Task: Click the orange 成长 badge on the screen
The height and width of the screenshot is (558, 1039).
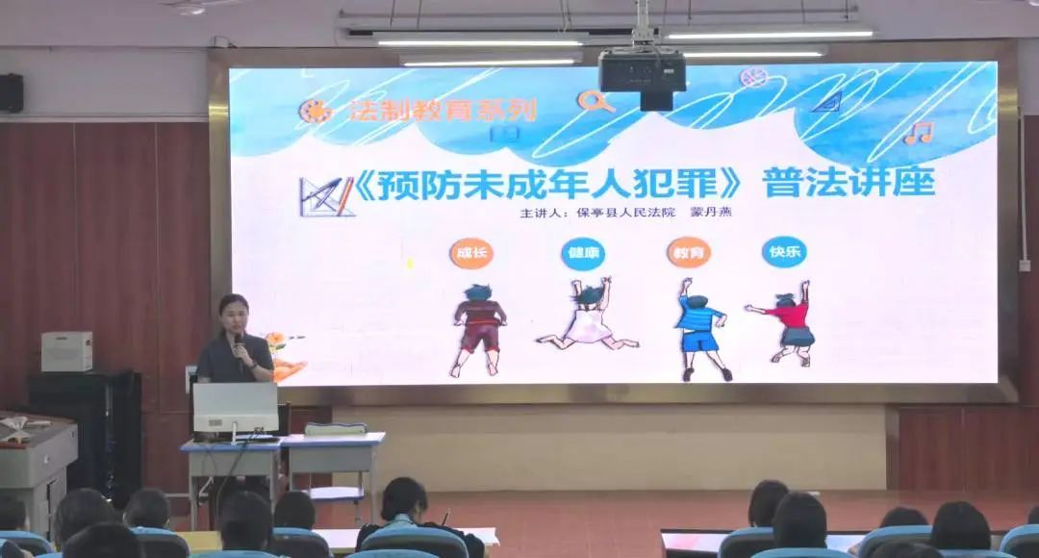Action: (471, 252)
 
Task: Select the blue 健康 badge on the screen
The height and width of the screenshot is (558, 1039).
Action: (583, 253)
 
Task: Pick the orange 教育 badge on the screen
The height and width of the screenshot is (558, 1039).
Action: (689, 252)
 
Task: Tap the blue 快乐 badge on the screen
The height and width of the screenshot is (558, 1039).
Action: (784, 252)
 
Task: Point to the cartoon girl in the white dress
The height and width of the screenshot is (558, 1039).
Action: (587, 314)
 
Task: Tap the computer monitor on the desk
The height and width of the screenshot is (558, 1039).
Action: (236, 409)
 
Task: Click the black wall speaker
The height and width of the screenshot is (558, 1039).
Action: (12, 92)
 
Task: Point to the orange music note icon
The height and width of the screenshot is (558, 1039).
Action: (919, 133)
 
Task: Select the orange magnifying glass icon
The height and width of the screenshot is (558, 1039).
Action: (595, 101)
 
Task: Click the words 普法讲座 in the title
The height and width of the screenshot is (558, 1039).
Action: (849, 182)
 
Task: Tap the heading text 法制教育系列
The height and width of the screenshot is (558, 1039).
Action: (442, 111)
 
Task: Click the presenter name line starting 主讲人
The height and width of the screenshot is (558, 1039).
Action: (625, 213)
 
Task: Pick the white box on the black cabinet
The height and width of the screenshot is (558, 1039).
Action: (67, 351)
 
